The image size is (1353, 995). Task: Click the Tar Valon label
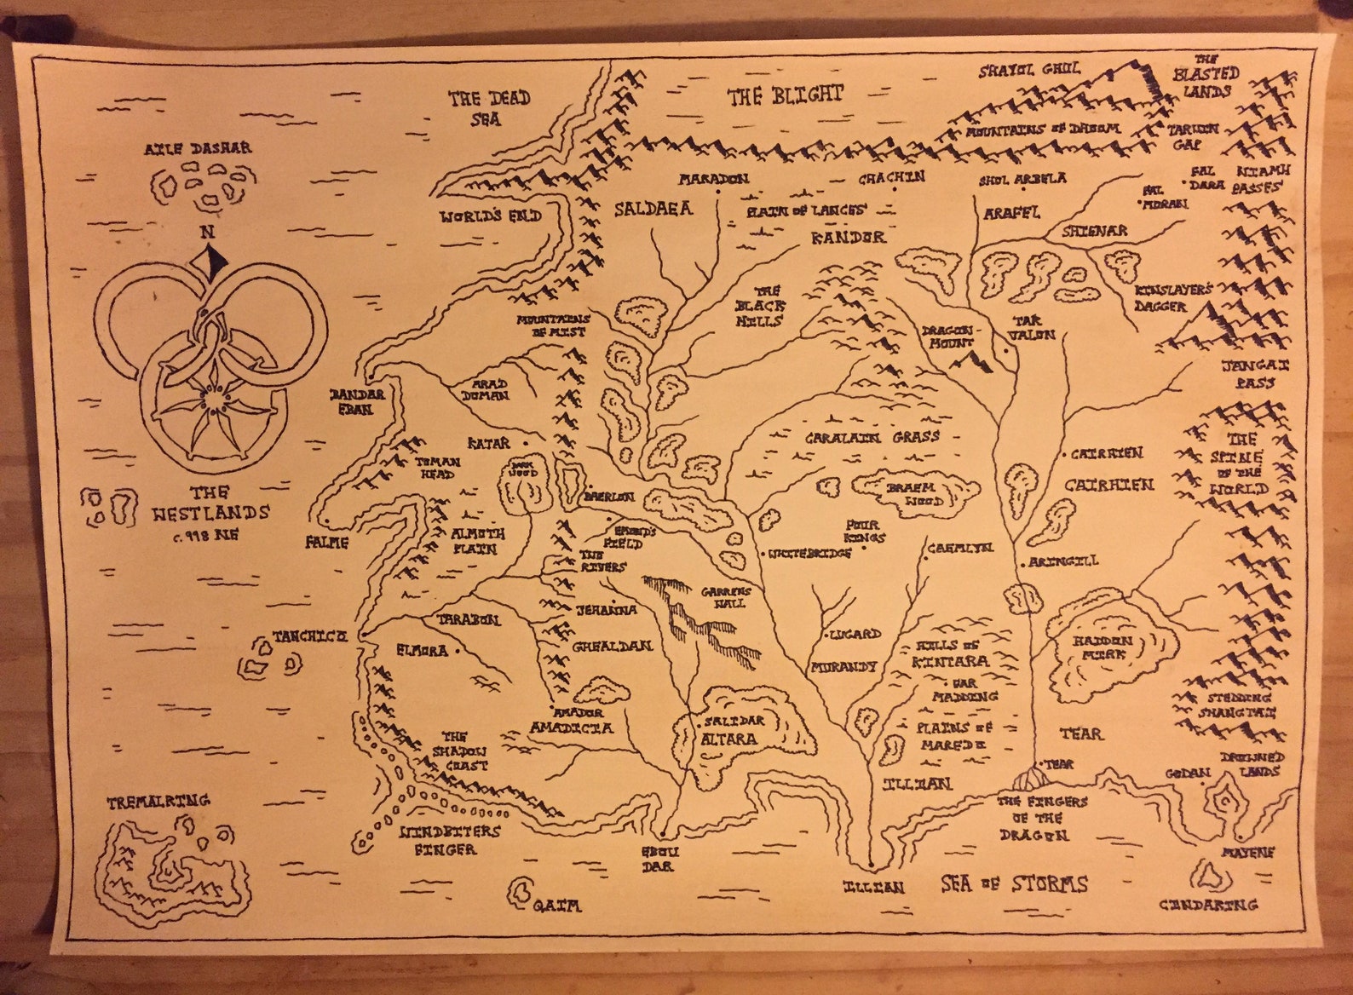tap(1032, 328)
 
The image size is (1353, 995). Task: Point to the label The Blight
tap(785, 95)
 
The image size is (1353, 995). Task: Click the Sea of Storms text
tap(1014, 883)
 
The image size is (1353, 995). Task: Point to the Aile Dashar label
tap(198, 147)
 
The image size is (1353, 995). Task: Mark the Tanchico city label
tap(309, 636)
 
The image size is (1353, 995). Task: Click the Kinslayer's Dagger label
tap(1172, 296)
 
